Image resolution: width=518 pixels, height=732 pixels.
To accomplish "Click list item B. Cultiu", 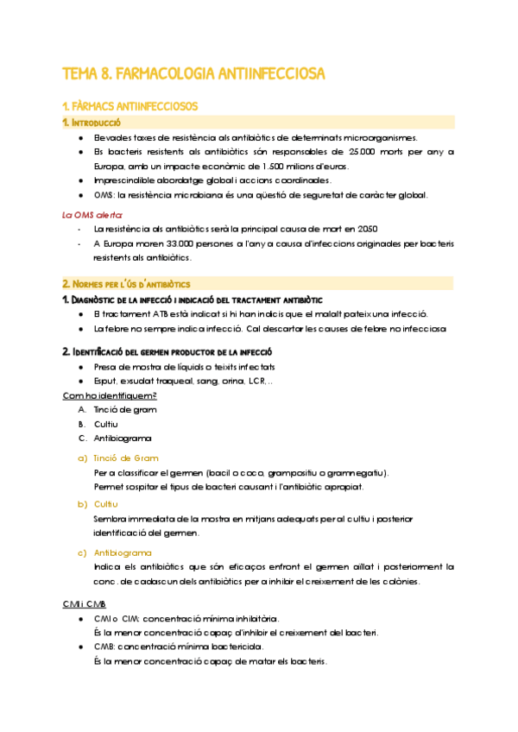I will click(x=98, y=424).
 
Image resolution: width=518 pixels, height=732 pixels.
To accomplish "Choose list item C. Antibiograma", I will click(x=109, y=439).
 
